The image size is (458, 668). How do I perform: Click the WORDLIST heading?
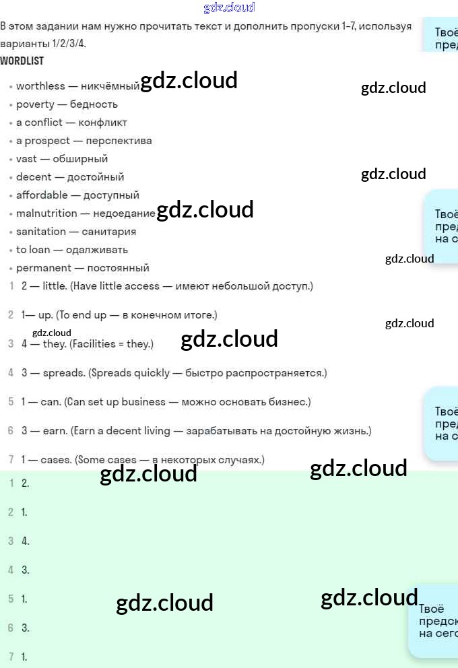click(22, 61)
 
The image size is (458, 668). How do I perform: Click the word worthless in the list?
click(40, 86)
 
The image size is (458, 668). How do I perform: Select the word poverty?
click(35, 104)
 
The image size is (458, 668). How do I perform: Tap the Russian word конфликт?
click(102, 123)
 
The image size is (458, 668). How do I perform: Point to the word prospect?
click(47, 141)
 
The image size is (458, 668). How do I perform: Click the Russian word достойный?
click(96, 177)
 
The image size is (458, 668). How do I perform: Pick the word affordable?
click(42, 195)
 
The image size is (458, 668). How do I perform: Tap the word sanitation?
click(41, 232)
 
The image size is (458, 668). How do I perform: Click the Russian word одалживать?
click(97, 250)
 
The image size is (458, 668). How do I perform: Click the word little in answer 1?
click(54, 286)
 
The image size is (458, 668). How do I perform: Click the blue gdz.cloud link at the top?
click(229, 8)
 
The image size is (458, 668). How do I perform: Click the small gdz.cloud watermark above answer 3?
click(51, 333)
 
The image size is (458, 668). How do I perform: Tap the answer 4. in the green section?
click(25, 541)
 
